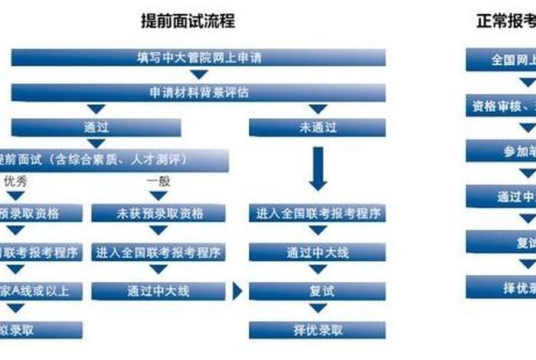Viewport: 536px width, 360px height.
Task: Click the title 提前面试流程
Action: coord(188,21)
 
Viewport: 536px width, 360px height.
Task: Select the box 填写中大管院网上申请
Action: coord(198,57)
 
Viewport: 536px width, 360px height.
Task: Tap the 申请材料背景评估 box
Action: coord(198,93)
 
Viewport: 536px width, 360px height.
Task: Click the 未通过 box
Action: coord(318,127)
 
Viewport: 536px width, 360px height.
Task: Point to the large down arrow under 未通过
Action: coord(318,169)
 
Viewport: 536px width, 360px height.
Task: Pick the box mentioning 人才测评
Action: coord(115,159)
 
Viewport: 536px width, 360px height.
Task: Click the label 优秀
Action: coord(17,182)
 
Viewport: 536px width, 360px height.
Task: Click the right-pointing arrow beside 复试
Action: coord(237,290)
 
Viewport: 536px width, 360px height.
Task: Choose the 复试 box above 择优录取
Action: coord(318,291)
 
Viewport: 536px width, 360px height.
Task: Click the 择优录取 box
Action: coord(318,330)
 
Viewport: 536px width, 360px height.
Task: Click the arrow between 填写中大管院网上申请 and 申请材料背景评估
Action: coord(199,74)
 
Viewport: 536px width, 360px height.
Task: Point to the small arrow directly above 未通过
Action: coord(318,110)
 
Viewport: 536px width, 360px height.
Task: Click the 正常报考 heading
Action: coord(502,21)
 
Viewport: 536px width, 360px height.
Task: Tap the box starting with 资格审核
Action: coord(502,105)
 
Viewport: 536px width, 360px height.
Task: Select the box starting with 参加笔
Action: coord(502,151)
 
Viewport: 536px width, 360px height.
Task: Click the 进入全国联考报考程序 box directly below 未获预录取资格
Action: coord(159,251)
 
